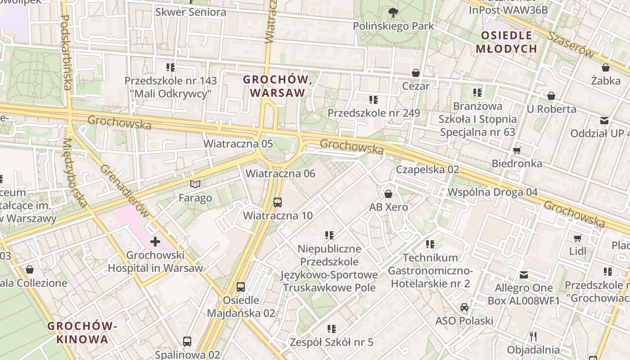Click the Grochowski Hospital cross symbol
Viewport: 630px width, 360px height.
click(x=155, y=242)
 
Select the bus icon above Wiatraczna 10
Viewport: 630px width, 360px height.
click(x=278, y=202)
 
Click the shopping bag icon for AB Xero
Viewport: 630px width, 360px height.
click(x=388, y=194)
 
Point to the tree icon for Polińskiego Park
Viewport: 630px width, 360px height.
click(x=393, y=12)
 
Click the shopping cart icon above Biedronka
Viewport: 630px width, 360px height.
click(x=517, y=150)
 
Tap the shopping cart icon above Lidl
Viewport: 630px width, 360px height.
click(x=578, y=238)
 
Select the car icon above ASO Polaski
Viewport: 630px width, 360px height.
click(x=464, y=307)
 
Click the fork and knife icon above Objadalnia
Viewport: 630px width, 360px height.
click(x=533, y=336)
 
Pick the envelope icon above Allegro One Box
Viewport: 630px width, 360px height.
click(x=524, y=275)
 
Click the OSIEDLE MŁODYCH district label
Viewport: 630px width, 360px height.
click(x=507, y=42)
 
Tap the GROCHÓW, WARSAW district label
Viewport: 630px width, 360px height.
click(x=274, y=86)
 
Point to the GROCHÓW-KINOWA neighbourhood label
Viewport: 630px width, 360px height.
click(x=82, y=333)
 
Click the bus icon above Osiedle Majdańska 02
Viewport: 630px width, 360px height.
click(x=241, y=287)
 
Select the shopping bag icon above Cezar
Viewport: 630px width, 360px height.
click(x=416, y=73)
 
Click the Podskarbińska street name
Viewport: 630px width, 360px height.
click(x=66, y=52)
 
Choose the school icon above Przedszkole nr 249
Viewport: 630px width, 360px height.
click(x=373, y=99)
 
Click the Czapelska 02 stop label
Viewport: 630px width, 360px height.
click(x=427, y=170)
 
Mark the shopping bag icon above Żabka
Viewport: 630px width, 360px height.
click(x=606, y=68)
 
